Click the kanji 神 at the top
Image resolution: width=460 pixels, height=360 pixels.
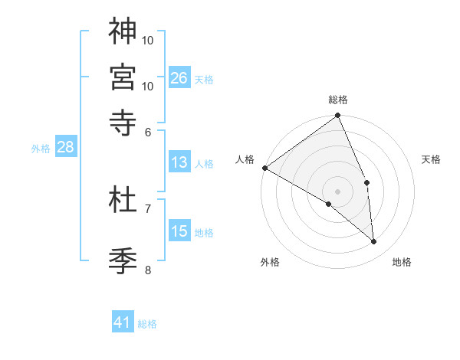tap(123, 31)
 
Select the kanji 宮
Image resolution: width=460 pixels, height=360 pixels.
tap(123, 76)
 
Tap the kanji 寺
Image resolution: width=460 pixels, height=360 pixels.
tap(123, 121)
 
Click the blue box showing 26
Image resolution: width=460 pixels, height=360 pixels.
tap(179, 78)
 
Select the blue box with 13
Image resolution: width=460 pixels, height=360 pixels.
tap(179, 162)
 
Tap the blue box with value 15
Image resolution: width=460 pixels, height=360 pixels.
tap(179, 232)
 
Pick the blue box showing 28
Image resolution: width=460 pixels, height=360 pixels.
tap(65, 148)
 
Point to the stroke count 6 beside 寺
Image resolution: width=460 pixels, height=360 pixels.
tap(148, 132)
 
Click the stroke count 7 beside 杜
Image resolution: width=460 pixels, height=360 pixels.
tap(148, 208)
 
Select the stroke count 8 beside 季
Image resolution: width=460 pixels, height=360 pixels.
tap(148, 269)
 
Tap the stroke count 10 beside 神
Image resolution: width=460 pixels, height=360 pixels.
tap(148, 39)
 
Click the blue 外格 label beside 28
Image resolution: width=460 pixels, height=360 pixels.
tap(41, 149)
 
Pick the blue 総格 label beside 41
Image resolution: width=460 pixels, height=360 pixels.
tap(147, 324)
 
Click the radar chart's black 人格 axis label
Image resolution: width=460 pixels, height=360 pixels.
tap(245, 159)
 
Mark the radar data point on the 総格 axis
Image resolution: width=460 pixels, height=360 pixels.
tap(338, 116)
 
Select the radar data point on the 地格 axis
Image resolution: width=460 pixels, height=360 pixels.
tap(374, 242)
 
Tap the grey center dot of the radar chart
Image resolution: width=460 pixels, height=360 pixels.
tap(338, 191)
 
